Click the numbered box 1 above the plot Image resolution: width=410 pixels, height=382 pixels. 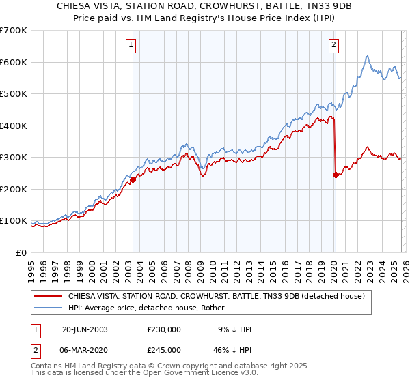pyautogui.click(x=130, y=46)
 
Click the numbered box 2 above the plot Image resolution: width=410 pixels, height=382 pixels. pyautogui.click(x=333, y=46)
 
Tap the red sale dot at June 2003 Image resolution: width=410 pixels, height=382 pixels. pyautogui.click(x=133, y=179)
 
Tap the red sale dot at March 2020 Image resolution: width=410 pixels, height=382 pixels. pyautogui.click(x=336, y=175)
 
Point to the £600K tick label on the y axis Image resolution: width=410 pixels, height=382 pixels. pyautogui.click(x=14, y=62)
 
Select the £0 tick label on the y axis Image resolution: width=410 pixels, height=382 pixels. pyautogui.click(x=22, y=252)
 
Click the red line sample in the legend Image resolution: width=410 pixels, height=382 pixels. pyautogui.click(x=48, y=297)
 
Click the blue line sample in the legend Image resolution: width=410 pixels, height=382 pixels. pyautogui.click(x=48, y=308)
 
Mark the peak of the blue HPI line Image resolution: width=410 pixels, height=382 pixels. pyautogui.click(x=367, y=56)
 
